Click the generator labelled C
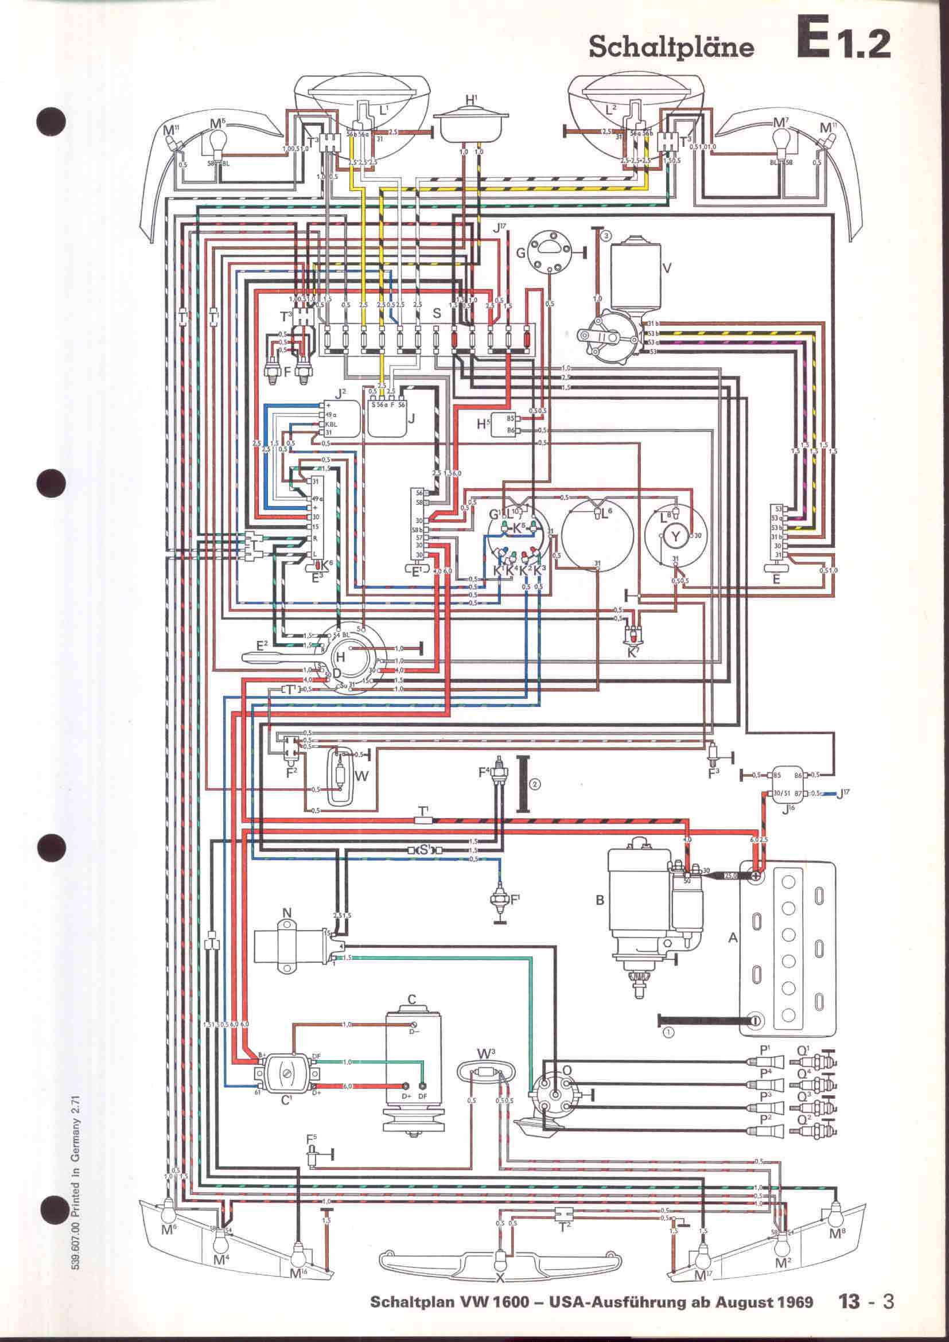click(413, 1069)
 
